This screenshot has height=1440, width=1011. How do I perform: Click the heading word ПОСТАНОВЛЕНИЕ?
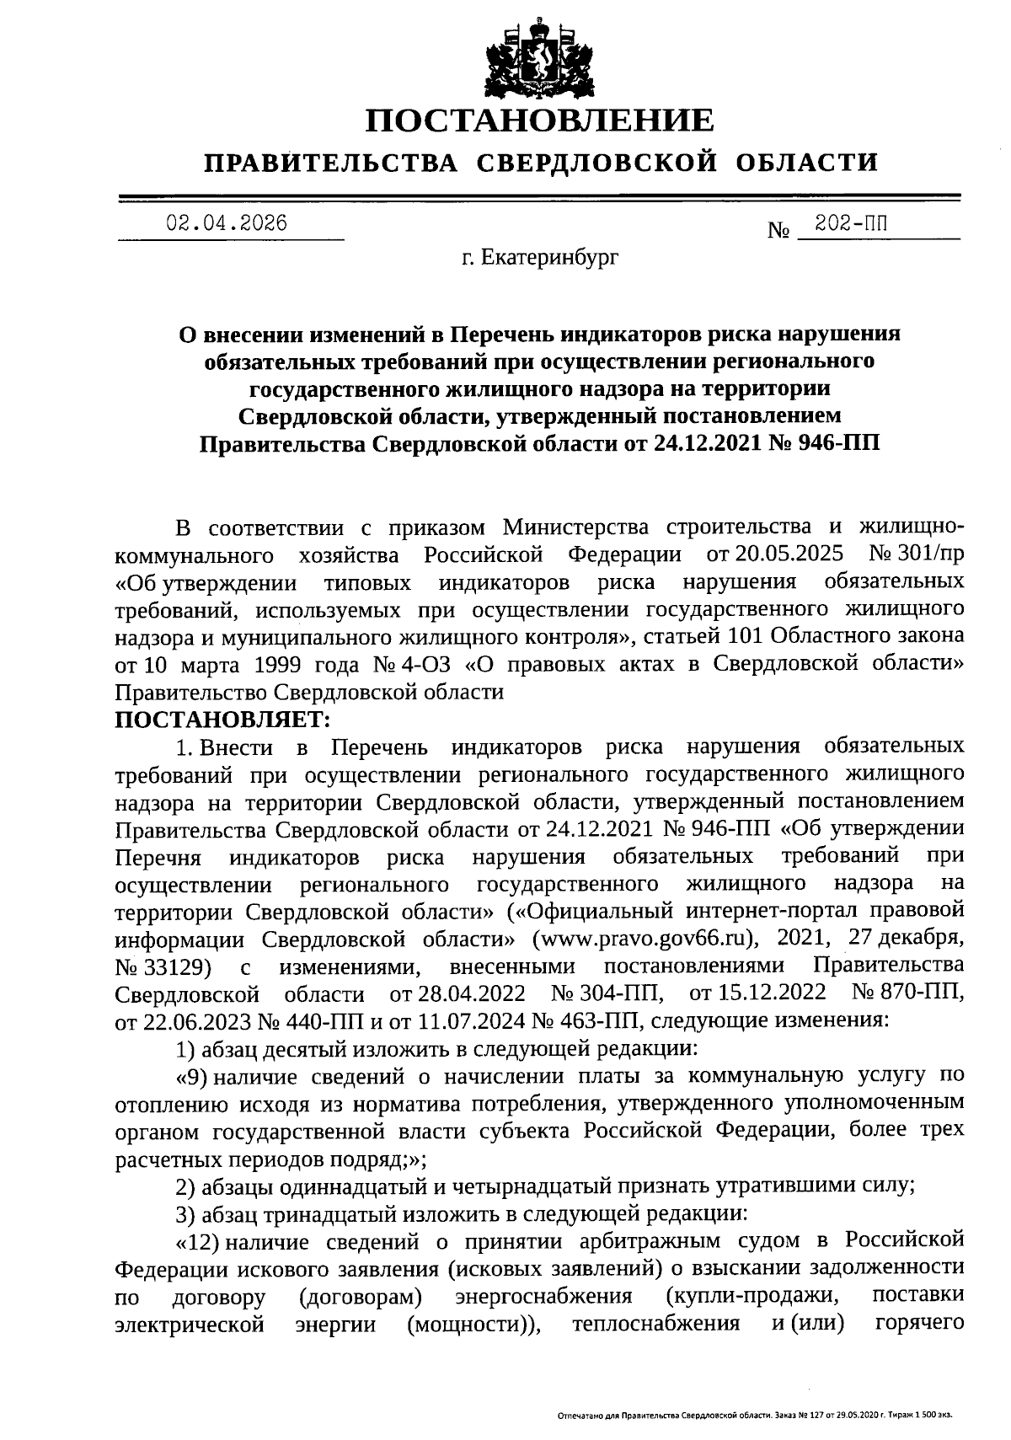pos(539,120)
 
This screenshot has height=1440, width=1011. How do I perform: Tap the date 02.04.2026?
pos(227,223)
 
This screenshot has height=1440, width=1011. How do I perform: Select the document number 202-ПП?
pos(852,223)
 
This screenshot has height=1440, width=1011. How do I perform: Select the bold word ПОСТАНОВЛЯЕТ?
pos(223,719)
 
